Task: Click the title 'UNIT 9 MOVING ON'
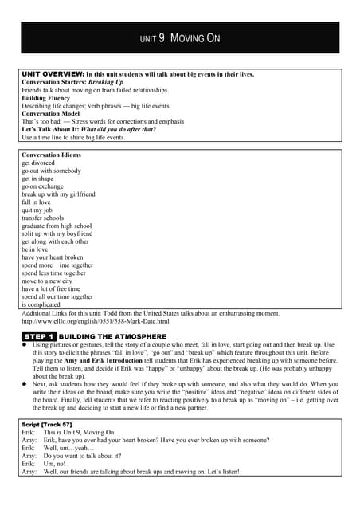[x=180, y=38]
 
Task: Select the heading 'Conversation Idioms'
[x=51, y=155]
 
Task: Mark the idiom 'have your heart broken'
[x=53, y=257]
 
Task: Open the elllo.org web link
[x=96, y=321]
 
